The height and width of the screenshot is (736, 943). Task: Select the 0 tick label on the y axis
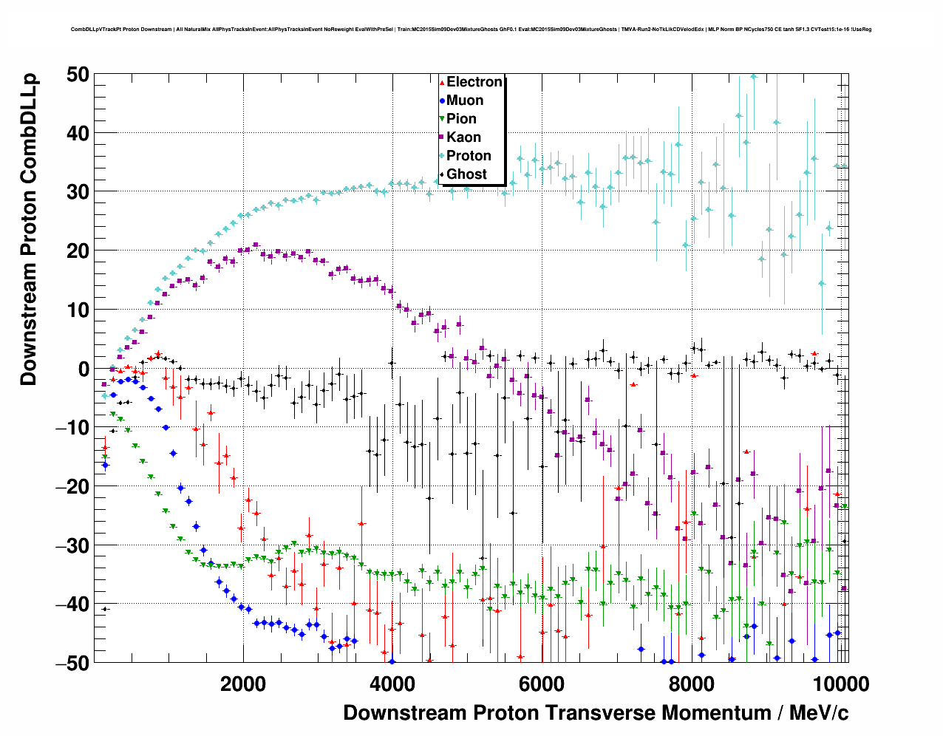82,369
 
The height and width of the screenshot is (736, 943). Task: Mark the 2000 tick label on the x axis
242,684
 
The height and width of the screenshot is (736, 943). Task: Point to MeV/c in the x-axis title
819,713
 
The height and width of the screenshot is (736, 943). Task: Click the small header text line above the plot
471,30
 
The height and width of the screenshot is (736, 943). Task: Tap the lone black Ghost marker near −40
105,609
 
